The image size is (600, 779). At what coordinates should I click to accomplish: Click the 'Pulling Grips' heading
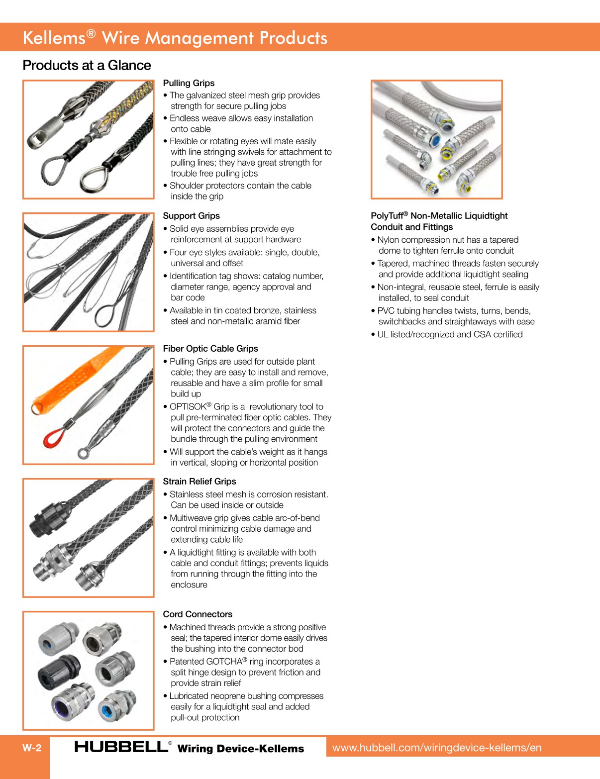tap(189, 83)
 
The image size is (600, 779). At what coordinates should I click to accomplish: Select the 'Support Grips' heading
tap(191, 216)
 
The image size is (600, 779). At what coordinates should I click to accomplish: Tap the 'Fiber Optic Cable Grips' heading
tap(210, 348)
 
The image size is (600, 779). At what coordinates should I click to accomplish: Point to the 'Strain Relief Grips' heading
tap(200, 481)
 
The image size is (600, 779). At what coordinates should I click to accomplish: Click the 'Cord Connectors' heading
tap(198, 614)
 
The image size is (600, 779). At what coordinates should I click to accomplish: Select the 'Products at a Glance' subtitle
tap(87, 65)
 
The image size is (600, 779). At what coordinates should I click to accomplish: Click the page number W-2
tap(32, 748)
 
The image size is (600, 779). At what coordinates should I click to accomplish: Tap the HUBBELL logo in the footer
tap(122, 747)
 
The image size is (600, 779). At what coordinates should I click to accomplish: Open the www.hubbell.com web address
tap(437, 748)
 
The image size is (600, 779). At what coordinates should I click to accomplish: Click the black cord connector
tap(59, 672)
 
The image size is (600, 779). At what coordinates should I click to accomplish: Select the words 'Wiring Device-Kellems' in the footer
tap(240, 749)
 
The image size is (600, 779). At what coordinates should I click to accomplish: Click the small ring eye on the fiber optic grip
tap(83, 454)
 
